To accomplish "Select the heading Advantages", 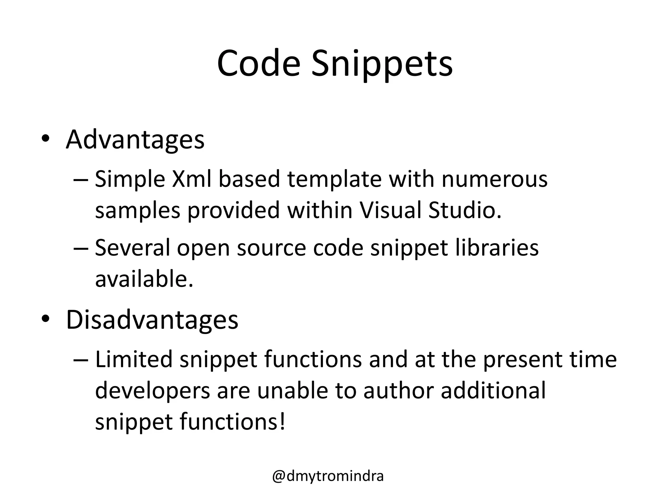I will pos(135,140).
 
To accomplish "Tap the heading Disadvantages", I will pos(152,319).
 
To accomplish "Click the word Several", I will pos(132,247).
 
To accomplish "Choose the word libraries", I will pos(497,247).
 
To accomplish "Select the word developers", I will pos(152,391).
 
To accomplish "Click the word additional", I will pos(493,390).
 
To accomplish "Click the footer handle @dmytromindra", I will pos(328,476).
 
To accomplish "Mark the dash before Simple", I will pos(81,180).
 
